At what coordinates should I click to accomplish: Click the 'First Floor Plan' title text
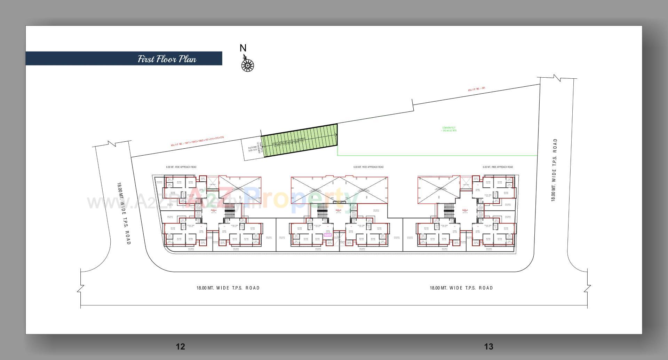167,59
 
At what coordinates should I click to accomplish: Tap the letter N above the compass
243,48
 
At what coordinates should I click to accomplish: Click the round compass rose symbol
247,65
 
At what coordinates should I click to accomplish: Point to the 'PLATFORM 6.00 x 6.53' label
253,150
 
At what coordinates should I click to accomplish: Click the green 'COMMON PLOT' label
449,129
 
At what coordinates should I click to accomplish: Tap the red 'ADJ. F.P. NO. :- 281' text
476,89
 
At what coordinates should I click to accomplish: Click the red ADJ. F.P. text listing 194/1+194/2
197,141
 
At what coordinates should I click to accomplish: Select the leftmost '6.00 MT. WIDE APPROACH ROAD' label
181,167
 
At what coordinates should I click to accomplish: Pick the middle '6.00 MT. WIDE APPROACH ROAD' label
368,167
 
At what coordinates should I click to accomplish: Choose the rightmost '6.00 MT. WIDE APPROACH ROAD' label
498,167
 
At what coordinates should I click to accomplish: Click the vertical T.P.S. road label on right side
554,170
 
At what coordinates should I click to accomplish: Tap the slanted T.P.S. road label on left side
124,213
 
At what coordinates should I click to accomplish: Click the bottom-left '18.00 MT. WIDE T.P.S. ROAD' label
228,288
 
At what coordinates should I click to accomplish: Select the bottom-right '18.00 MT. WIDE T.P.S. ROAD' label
461,288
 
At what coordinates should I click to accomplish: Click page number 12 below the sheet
181,346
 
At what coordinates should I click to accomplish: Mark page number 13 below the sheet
488,346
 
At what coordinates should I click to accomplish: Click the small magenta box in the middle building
327,235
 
